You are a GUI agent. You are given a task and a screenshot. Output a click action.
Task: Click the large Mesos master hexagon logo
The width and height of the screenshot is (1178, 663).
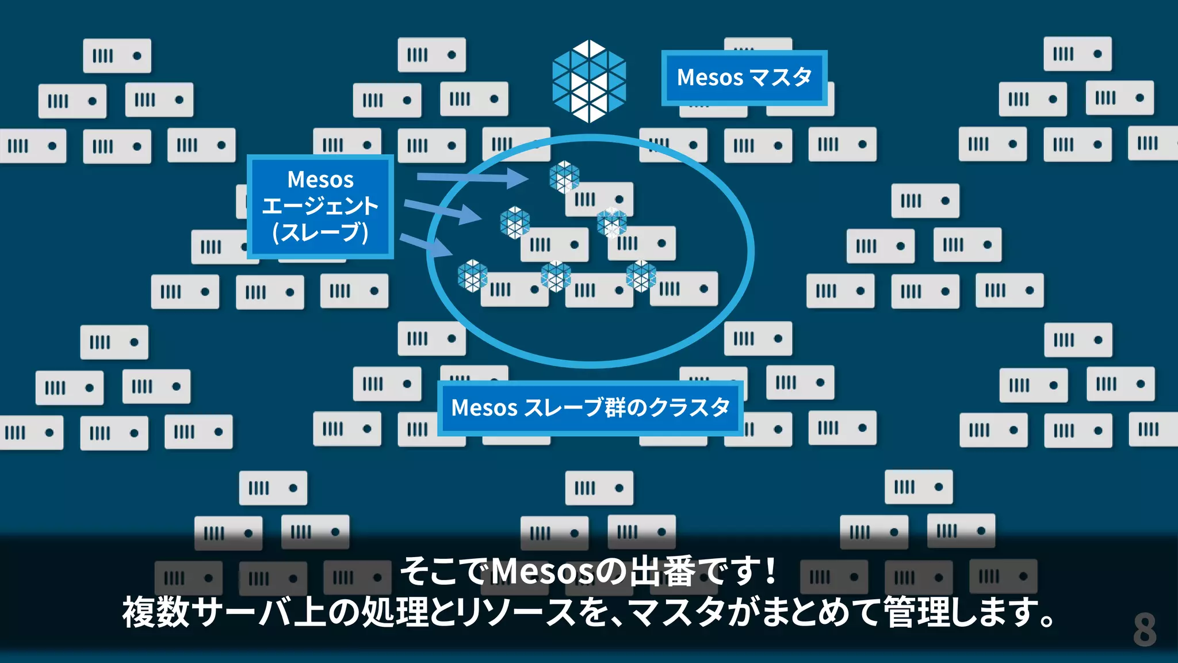588,81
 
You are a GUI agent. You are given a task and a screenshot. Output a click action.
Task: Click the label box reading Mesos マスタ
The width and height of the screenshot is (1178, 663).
744,78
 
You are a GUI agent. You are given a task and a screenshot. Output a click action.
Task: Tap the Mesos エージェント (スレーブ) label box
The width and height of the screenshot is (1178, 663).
320,206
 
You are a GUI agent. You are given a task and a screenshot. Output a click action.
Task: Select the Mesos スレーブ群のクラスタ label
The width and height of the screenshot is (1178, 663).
590,407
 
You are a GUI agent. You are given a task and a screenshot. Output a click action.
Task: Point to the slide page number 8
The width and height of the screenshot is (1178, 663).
1144,630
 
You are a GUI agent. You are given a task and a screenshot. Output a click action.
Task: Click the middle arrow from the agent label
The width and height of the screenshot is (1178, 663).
443,211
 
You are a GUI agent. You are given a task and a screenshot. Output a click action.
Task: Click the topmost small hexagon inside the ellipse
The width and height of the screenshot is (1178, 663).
564,176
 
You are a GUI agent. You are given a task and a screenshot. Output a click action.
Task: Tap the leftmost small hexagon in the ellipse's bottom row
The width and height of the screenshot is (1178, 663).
472,276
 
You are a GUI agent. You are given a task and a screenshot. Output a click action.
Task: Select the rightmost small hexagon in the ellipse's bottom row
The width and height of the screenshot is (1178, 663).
641,276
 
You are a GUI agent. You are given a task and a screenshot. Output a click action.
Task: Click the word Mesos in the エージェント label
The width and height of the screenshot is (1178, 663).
320,180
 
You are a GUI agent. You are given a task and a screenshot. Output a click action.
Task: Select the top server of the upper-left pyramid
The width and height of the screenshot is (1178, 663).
117,56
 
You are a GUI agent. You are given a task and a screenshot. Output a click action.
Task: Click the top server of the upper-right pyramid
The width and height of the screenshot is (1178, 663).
1077,54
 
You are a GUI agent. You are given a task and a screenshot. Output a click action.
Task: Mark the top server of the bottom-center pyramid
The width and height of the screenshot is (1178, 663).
599,488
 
